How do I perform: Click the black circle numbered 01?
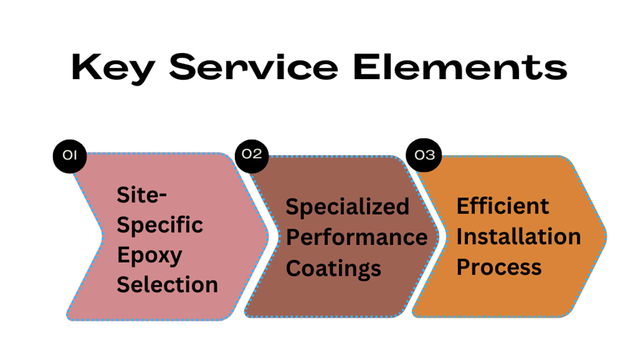click(70, 155)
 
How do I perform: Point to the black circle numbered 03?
click(425, 155)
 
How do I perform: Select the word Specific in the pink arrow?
click(160, 226)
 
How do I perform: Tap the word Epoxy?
click(149, 256)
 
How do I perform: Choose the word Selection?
click(167, 285)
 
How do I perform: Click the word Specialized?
click(347, 207)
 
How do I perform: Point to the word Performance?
click(357, 237)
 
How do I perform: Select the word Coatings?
click(334, 267)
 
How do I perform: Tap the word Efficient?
click(503, 206)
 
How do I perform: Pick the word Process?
click(499, 266)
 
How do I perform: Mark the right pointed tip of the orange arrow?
click(606, 236)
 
